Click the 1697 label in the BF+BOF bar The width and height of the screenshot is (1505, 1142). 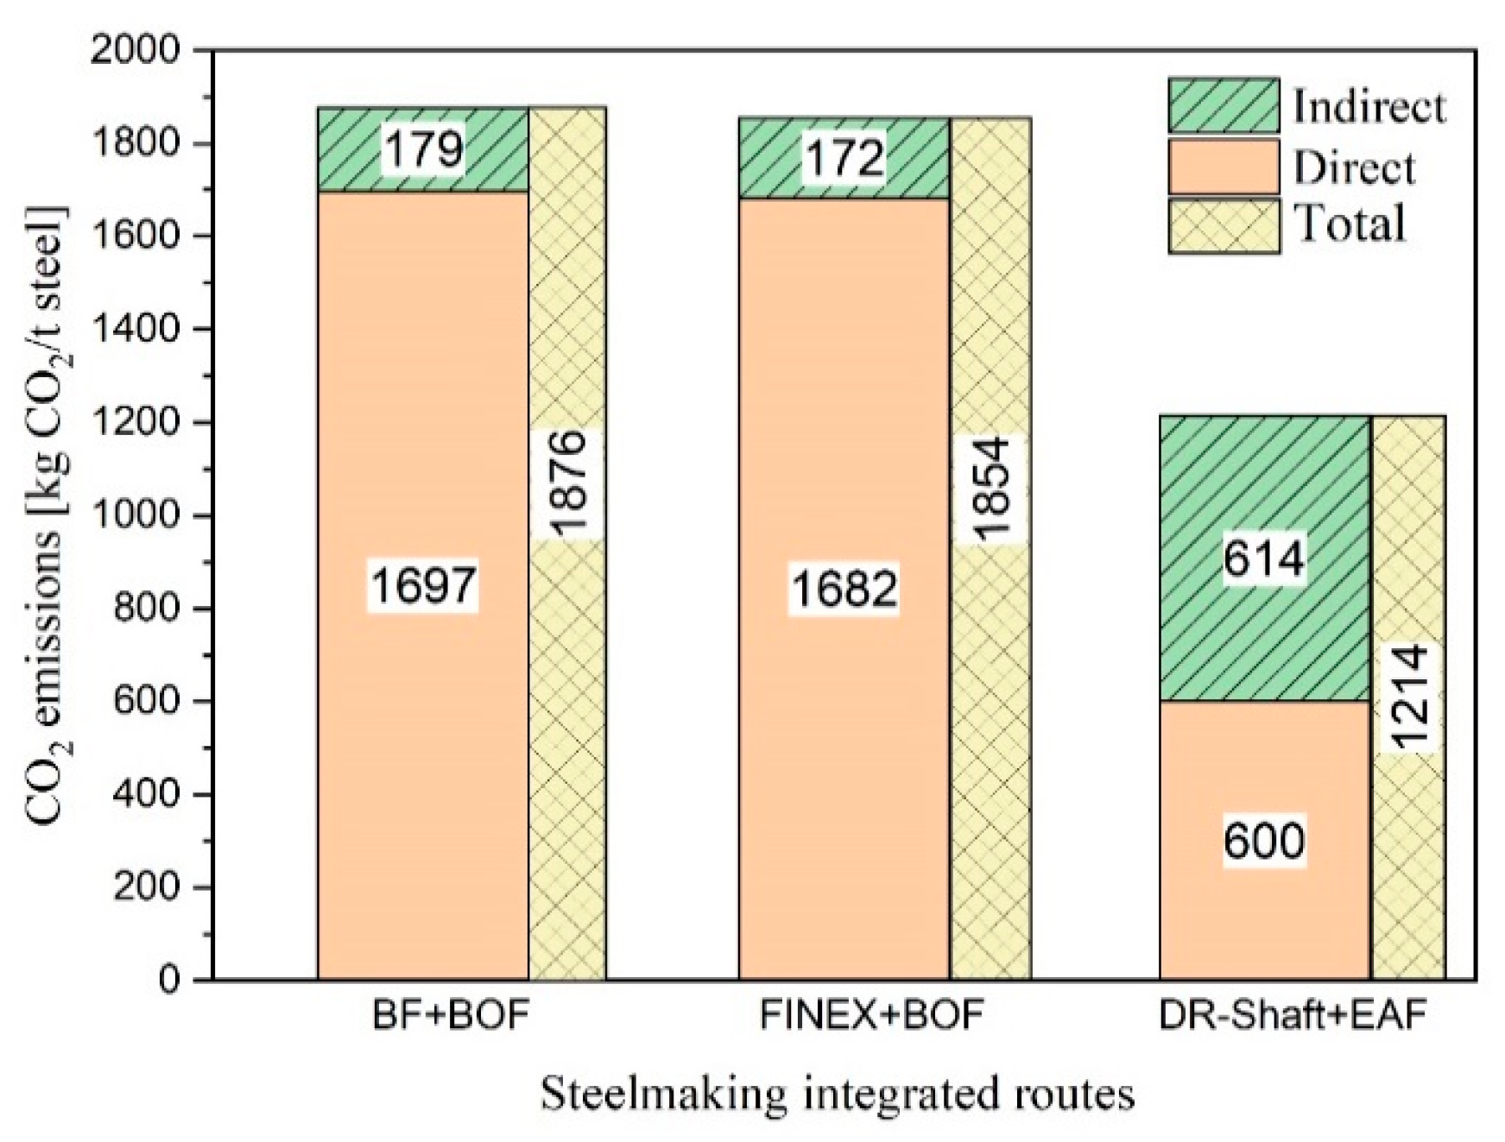tap(423, 584)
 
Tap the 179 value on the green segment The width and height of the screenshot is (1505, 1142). tap(423, 148)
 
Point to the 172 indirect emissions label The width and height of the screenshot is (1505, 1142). tap(844, 158)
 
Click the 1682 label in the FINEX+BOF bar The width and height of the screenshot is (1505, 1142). tap(844, 590)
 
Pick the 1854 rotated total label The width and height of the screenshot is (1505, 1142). tap(990, 489)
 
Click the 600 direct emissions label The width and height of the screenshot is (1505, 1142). tap(1263, 840)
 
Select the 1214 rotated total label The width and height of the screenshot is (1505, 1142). tap(1409, 697)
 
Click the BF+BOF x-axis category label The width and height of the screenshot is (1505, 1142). tap(450, 1015)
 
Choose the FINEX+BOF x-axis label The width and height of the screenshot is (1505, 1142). tap(871, 1015)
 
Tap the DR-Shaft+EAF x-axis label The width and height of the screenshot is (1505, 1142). tap(1293, 1015)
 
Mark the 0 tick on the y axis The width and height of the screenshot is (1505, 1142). tap(170, 981)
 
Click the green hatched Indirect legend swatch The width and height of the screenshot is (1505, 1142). tap(1224, 105)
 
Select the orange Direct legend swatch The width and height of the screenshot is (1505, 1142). tap(1224, 167)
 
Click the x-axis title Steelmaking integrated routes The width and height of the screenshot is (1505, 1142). tap(837, 1094)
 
